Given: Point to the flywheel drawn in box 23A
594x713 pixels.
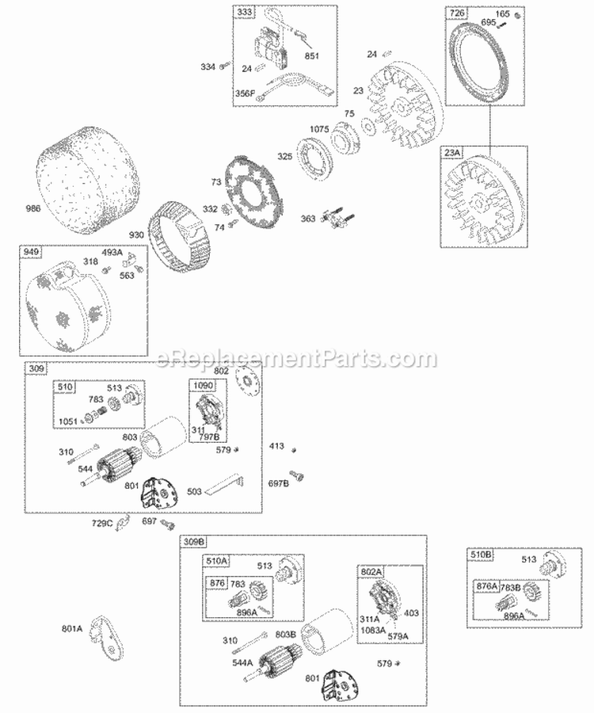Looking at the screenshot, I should tap(484, 197).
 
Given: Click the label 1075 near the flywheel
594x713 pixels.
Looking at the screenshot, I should tap(319, 128).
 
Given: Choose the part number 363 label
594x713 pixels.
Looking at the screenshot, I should tap(310, 219).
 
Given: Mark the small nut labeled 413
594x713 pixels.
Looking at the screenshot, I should tap(295, 449).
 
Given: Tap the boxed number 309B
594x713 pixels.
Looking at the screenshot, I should tap(195, 542).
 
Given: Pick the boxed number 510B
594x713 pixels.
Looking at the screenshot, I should tap(481, 555).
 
